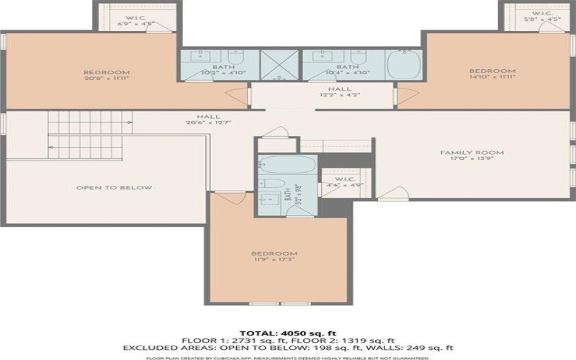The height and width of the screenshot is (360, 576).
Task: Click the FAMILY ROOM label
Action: coord(473,153)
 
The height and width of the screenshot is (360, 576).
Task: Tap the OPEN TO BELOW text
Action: coord(114,188)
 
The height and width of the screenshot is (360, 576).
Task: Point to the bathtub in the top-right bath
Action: coord(407,65)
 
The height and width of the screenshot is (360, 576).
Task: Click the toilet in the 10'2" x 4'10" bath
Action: coord(240,58)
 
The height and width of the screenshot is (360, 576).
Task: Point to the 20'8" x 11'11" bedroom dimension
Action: coord(107,78)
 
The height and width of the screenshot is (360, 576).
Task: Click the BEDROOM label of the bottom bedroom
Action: coord(274,253)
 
